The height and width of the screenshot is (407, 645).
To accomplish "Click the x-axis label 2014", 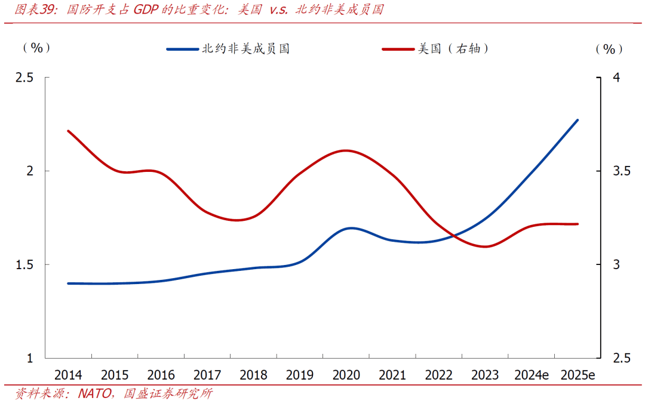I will click(x=68, y=375).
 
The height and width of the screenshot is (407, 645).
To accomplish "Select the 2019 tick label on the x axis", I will click(x=300, y=375).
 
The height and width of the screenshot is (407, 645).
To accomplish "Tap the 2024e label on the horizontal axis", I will click(x=532, y=375).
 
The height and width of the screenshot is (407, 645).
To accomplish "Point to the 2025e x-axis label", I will click(x=578, y=375).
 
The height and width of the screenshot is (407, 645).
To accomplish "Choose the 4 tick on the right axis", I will click(x=617, y=78).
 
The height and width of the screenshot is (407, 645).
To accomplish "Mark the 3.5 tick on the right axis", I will click(x=621, y=171).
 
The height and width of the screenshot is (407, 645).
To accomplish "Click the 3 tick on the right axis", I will click(x=617, y=264).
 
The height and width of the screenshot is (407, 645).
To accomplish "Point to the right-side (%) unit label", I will click(x=609, y=49).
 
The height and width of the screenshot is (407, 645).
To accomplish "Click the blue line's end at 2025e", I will click(x=578, y=121).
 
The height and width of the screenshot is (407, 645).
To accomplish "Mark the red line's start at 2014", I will click(x=68, y=131).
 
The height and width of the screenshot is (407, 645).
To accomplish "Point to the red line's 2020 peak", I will click(x=346, y=150).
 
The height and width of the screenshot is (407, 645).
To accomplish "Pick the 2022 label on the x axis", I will click(x=439, y=375).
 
